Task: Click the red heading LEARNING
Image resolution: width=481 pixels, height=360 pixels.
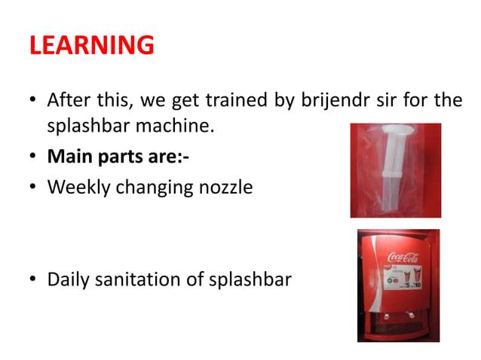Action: pos(92,46)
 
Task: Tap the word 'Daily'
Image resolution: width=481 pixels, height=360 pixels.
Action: pos(68,280)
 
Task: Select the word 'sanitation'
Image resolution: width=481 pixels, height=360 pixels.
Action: pos(138,280)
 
